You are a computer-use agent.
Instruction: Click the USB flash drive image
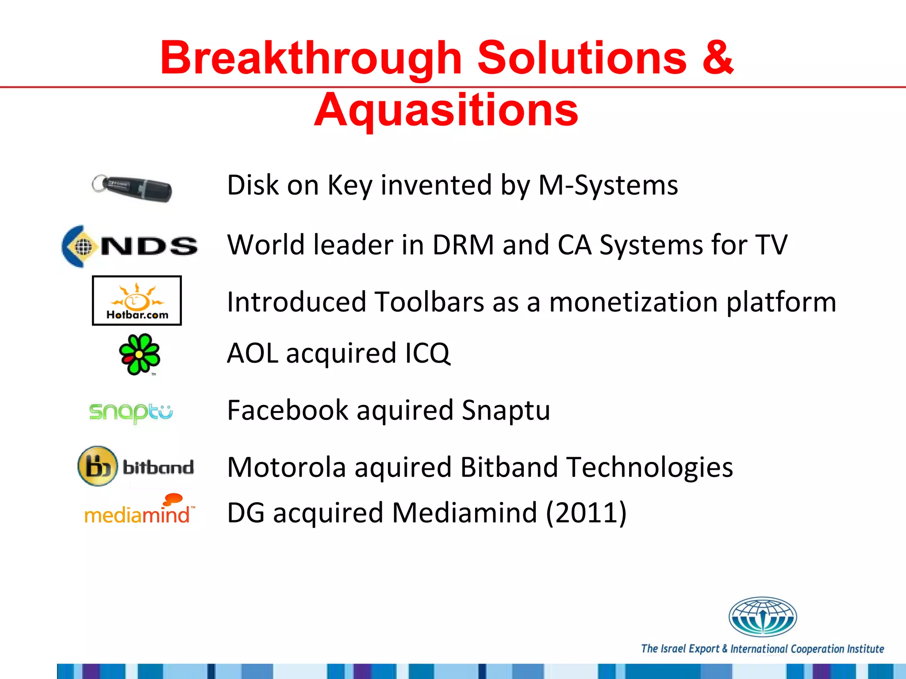pos(132,188)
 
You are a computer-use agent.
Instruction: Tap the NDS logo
pos(130,246)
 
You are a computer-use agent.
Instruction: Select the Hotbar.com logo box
pos(137,301)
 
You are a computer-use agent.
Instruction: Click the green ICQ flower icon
pos(139,354)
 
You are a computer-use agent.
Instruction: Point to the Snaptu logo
pos(131,412)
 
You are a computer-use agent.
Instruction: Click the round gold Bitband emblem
pos(97,466)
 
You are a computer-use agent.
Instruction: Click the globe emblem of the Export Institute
pos(762,617)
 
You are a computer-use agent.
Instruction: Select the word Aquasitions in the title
pos(446,110)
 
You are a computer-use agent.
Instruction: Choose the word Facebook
pos(288,410)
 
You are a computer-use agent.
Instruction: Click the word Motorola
pos(286,467)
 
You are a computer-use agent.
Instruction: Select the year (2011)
pos(586,513)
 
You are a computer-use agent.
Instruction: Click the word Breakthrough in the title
pos(311,57)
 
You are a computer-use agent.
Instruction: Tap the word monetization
pos(633,302)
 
